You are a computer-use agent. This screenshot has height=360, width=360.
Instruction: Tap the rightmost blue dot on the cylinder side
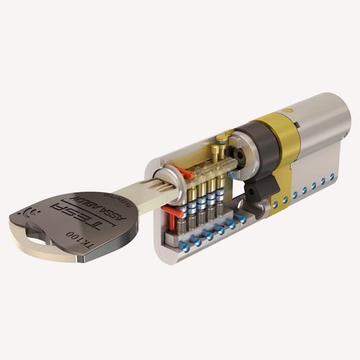[332, 176]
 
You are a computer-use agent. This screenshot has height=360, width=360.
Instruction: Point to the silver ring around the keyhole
[167, 178]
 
